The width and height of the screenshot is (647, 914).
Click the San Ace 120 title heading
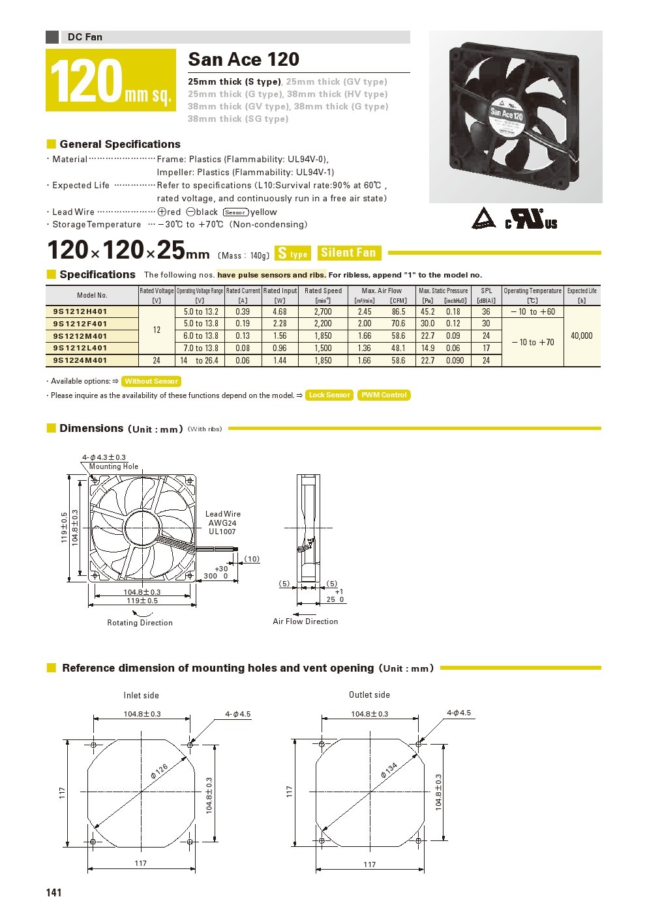(243, 59)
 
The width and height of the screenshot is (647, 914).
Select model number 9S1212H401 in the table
(80, 311)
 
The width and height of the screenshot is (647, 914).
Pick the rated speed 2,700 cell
(323, 311)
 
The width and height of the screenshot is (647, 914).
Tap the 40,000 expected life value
(581, 336)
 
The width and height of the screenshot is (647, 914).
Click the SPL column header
(486, 291)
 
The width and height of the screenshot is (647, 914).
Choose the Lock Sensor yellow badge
(329, 395)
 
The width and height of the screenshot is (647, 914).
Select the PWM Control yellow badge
(384, 395)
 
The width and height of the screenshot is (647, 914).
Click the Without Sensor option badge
(151, 381)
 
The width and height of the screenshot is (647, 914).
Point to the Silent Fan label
(348, 253)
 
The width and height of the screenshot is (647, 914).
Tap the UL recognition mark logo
(532, 218)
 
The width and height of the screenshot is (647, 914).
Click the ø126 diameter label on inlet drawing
(158, 771)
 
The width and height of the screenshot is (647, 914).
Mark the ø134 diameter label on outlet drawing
(389, 771)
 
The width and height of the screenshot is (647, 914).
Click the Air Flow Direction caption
(305, 621)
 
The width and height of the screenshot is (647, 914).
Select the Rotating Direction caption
(140, 623)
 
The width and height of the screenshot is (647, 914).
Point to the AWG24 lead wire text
(222, 522)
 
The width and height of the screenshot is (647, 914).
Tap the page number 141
(54, 893)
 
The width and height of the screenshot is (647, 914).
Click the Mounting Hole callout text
(113, 466)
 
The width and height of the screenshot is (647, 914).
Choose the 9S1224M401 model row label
(80, 360)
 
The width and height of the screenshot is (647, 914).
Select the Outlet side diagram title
(369, 694)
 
